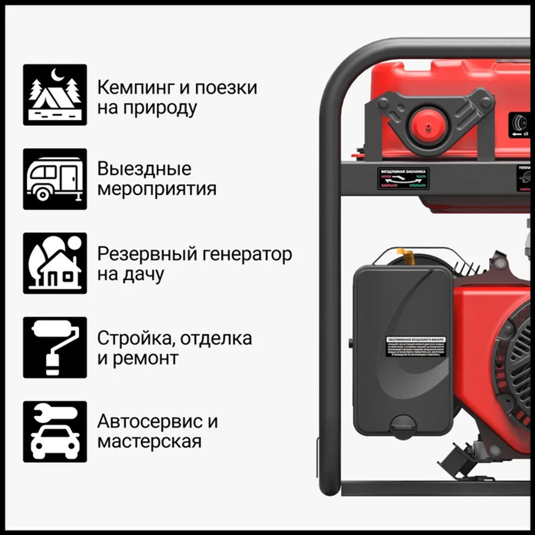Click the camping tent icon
(55, 95)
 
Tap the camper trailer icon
(55, 179)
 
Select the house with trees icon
(55, 263)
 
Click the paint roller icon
(55, 347)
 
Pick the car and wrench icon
(55, 432)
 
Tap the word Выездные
(144, 170)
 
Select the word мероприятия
(157, 190)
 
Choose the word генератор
(248, 254)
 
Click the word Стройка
(135, 338)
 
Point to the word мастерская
(149, 442)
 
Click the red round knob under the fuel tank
(427, 126)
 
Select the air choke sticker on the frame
(403, 178)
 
